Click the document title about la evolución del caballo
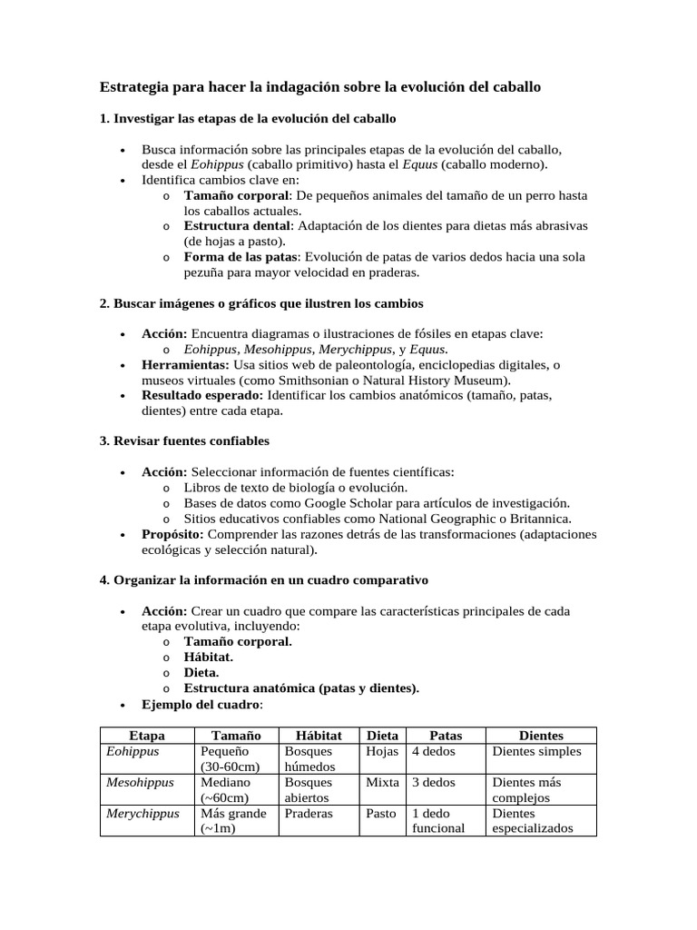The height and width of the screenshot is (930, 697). coord(319,88)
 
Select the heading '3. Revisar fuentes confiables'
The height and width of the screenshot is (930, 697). coord(184,440)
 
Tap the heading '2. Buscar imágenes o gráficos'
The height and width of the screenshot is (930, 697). coord(261,302)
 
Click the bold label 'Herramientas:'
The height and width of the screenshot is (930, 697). coord(185,364)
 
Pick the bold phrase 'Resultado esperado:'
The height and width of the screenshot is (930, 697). coord(202,395)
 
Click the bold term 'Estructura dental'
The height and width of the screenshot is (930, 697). coord(238,226)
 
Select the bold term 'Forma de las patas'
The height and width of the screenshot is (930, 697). coord(241,256)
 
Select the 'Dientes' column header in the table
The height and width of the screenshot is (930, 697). coord(540,736)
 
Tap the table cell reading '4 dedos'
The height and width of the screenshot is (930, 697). coord(434,752)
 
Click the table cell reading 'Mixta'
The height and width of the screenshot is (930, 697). coord(381,782)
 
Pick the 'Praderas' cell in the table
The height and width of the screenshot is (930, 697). coord(308,814)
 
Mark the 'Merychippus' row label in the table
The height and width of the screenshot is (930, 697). coord(142,814)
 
